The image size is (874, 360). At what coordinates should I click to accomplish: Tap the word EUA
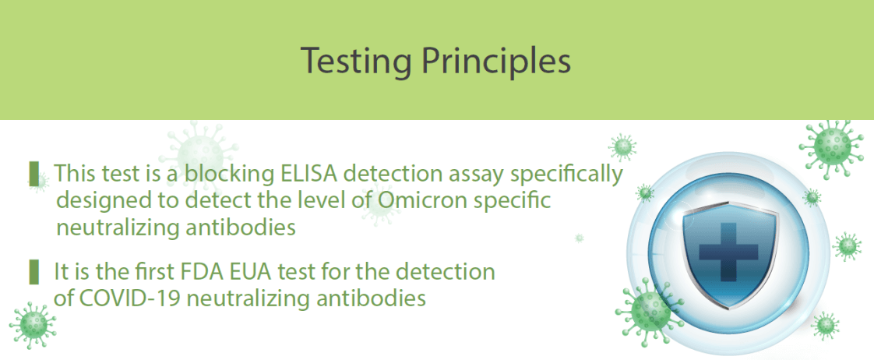[x=331, y=273]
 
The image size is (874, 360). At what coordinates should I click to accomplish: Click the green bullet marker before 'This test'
[x=34, y=174]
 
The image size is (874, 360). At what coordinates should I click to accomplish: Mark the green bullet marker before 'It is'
[x=34, y=271]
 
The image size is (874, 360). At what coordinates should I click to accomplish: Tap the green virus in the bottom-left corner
[x=33, y=326]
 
